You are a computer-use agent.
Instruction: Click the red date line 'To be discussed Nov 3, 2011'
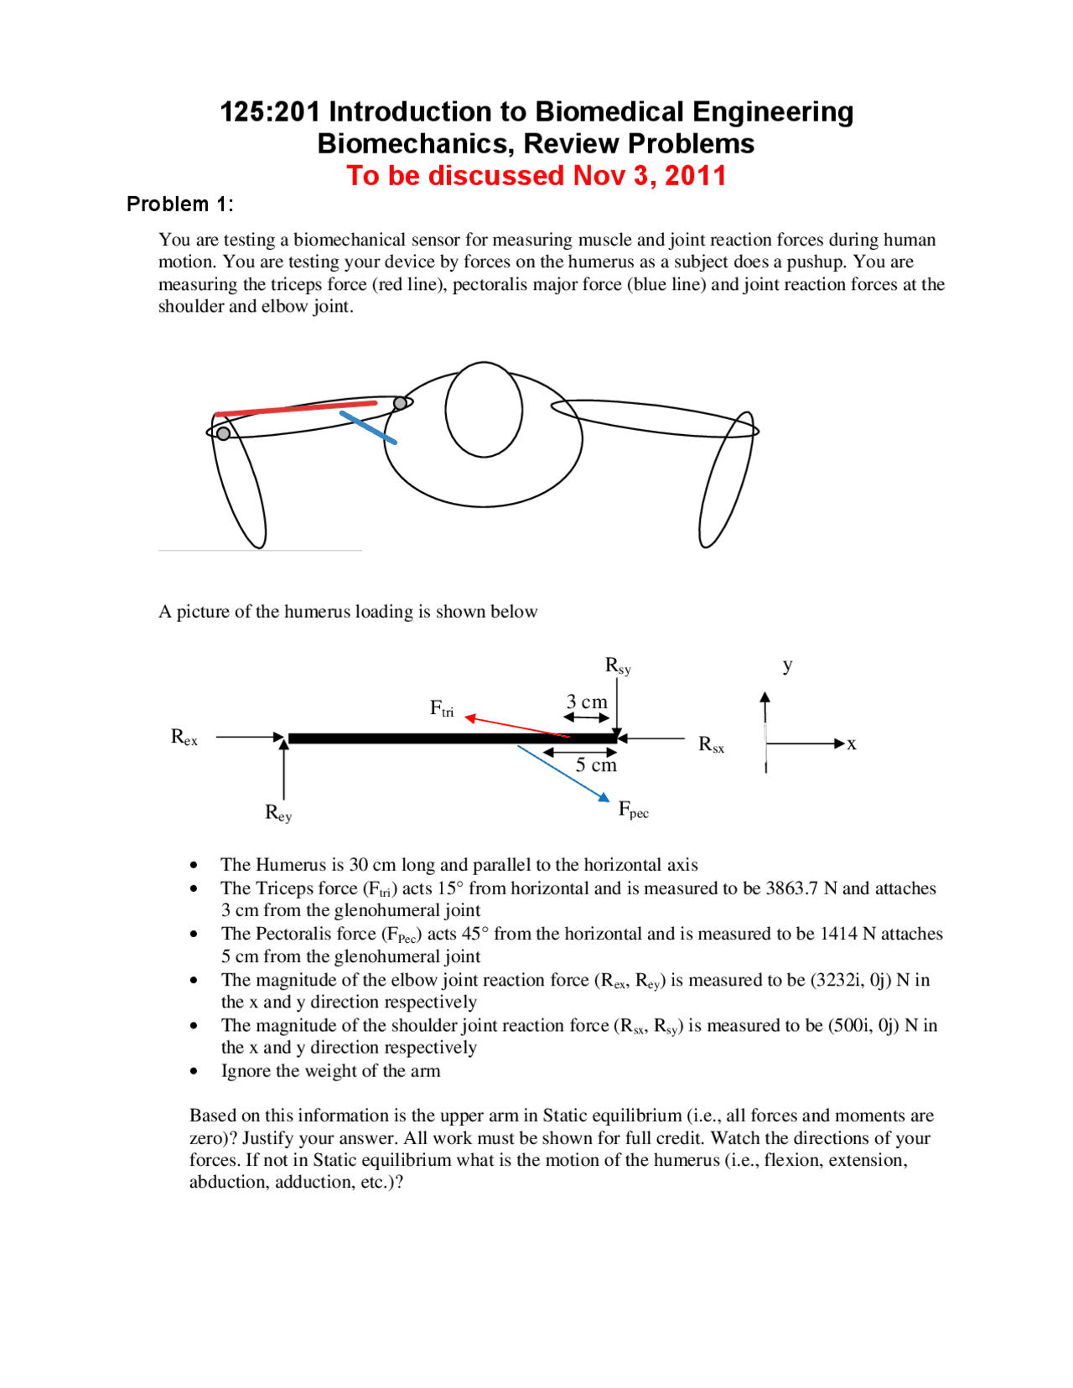[536, 176]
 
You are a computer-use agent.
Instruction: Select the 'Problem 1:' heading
[179, 205]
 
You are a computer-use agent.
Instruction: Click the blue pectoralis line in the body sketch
[368, 427]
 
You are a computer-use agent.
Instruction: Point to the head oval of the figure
[484, 409]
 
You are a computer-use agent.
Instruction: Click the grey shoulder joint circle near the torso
[401, 403]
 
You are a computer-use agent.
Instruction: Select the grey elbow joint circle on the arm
[223, 433]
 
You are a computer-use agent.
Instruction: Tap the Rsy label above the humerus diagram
[618, 666]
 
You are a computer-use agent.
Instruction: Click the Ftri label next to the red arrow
[442, 709]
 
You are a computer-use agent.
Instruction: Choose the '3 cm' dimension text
[587, 702]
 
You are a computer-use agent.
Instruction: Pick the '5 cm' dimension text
[596, 765]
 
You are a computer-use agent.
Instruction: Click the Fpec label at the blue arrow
[633, 810]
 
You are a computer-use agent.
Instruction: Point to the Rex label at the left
[184, 738]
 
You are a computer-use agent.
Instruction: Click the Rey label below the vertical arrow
[278, 813]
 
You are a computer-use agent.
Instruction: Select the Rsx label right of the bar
[711, 744]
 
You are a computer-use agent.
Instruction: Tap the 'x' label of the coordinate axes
[851, 744]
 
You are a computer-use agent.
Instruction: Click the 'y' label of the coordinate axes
[787, 666]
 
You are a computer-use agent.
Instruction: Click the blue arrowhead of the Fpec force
[604, 796]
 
